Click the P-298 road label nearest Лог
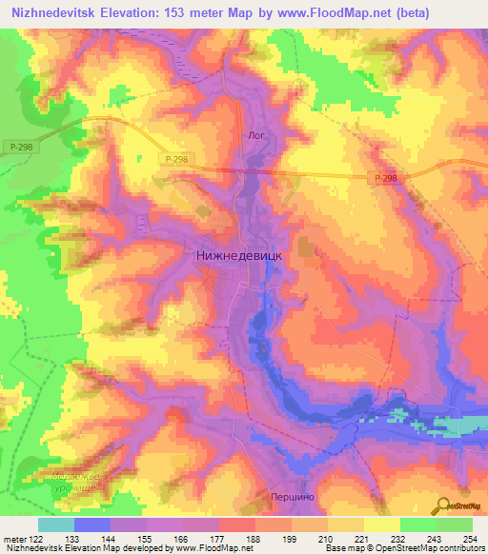click(175, 161)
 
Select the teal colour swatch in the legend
click(56, 524)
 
